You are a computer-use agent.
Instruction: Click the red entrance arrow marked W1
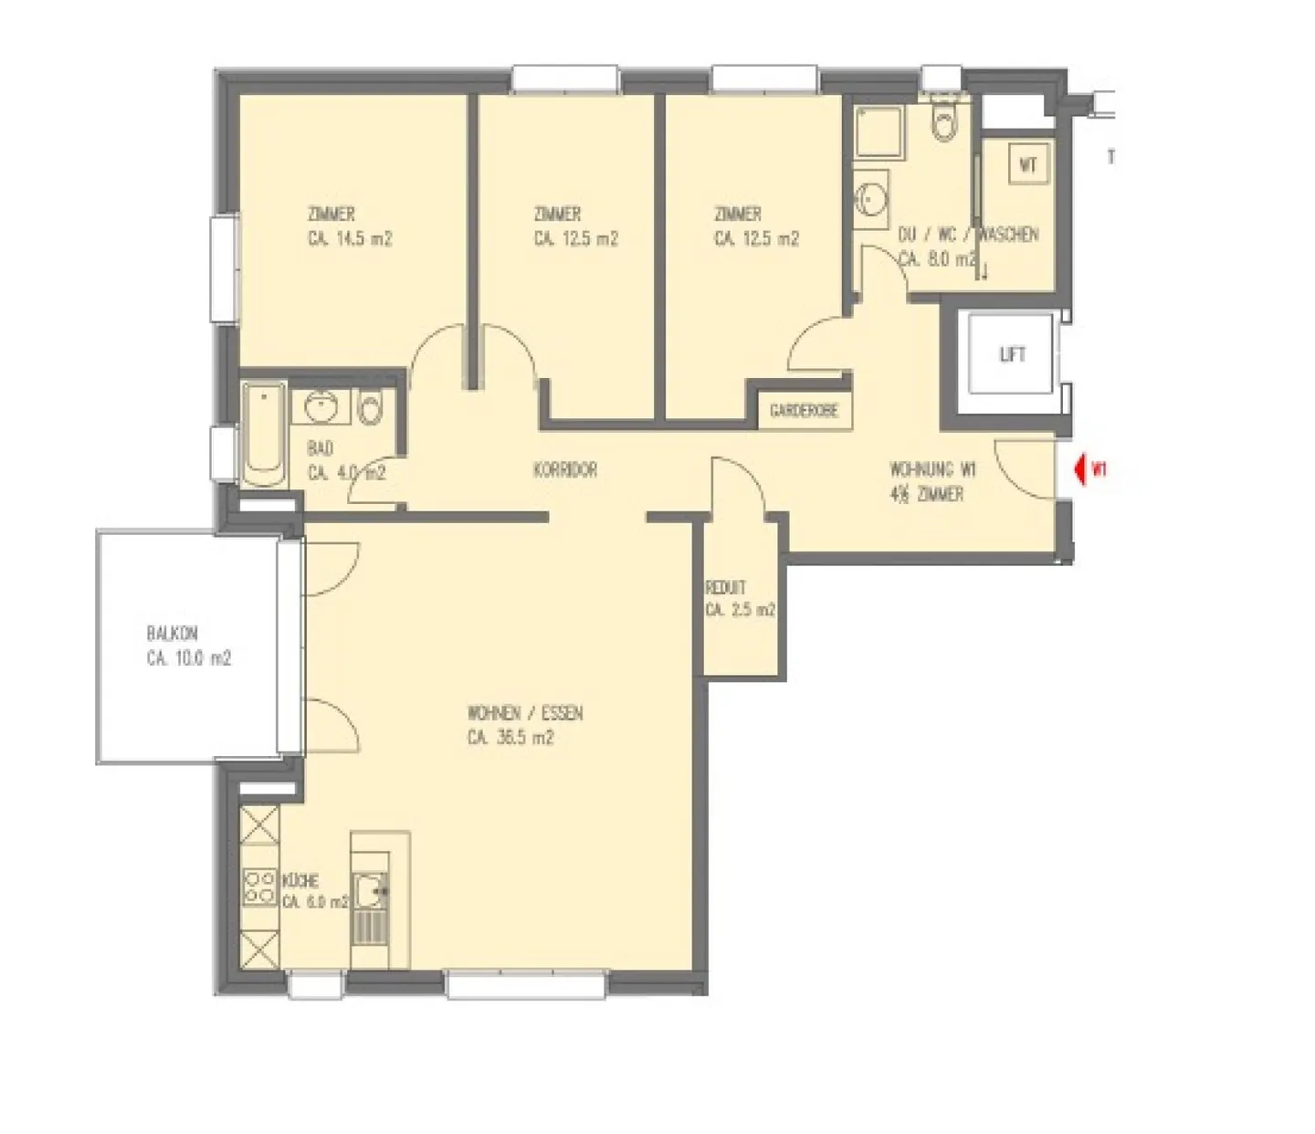[1081, 469]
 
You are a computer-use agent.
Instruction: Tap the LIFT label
[1012, 354]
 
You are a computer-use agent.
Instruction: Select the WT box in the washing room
[1028, 165]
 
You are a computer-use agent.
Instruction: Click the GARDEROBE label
[804, 411]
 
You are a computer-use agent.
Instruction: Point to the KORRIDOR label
[565, 470]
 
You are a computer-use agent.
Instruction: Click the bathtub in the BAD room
[264, 435]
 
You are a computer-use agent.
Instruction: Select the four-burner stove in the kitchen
[259, 886]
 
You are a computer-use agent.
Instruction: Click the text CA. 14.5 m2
[350, 239]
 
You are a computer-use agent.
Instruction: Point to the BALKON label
[172, 633]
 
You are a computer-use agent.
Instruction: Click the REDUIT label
[725, 587]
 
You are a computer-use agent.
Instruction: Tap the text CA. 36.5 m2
[510, 738]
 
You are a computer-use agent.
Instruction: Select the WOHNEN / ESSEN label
[524, 713]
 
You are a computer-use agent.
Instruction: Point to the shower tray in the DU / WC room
[878, 132]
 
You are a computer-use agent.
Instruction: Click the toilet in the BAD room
[370, 408]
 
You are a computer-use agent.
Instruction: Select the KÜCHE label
[300, 880]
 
